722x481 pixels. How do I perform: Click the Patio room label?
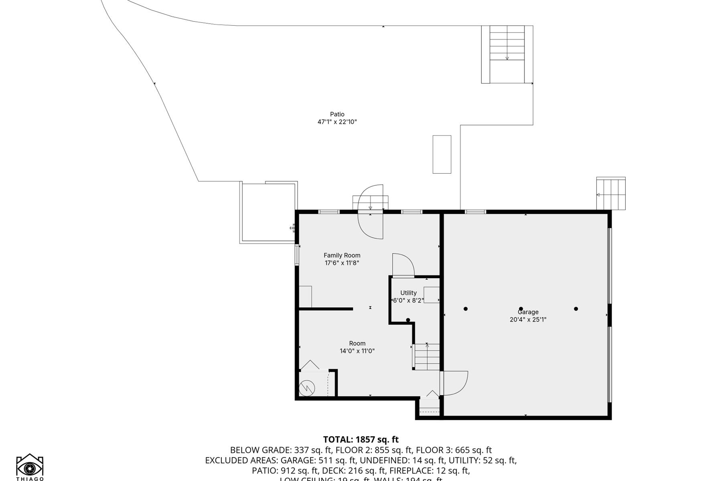337,114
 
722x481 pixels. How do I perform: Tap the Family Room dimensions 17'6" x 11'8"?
342,263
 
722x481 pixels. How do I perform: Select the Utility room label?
408,293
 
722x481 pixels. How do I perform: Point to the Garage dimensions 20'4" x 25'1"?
528,319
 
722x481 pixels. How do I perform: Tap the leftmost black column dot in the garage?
466,309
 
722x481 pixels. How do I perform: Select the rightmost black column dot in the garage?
576,309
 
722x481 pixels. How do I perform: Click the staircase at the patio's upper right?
507,54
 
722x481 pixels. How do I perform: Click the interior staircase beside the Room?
427,357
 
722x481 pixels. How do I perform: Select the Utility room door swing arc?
403,265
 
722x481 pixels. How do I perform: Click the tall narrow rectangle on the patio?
442,154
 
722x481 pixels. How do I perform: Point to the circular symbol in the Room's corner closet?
307,388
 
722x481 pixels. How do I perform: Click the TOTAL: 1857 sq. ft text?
361,440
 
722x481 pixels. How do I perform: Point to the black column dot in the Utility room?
408,320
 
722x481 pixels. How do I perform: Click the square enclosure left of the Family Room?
268,212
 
